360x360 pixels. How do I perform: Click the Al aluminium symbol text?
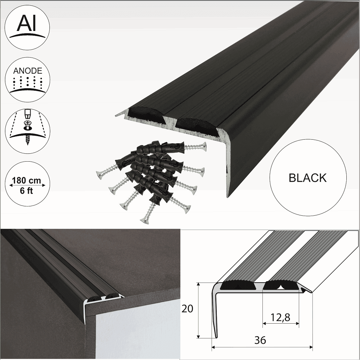coord(28,24)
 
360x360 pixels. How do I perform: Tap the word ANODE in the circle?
coord(28,71)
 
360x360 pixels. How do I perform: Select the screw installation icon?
coord(28,128)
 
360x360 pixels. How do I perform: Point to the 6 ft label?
coord(28,191)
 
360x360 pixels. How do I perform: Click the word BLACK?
coord(308,178)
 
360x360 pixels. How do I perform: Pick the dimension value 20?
coord(188,309)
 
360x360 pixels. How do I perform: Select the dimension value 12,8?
coord(281,316)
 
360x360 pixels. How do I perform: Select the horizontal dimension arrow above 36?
coord(262,348)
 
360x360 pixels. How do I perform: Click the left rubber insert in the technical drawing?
coord(238,286)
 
